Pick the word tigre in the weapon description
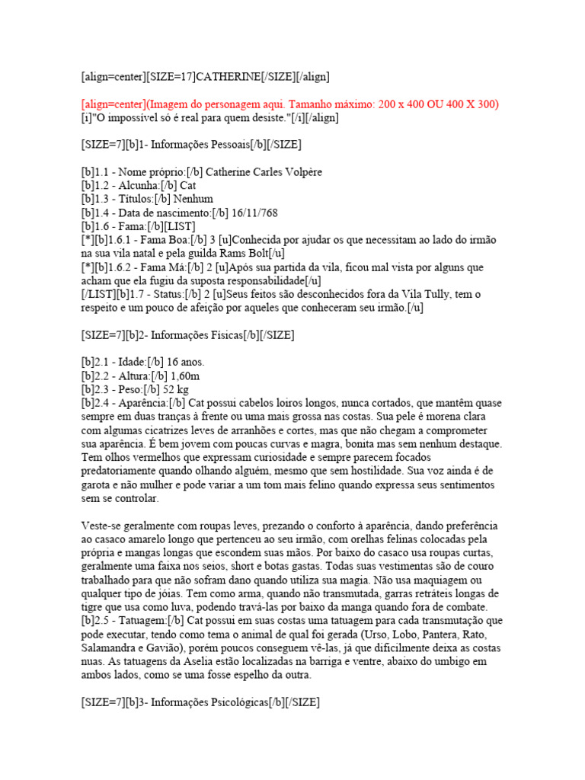pos(95,609)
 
